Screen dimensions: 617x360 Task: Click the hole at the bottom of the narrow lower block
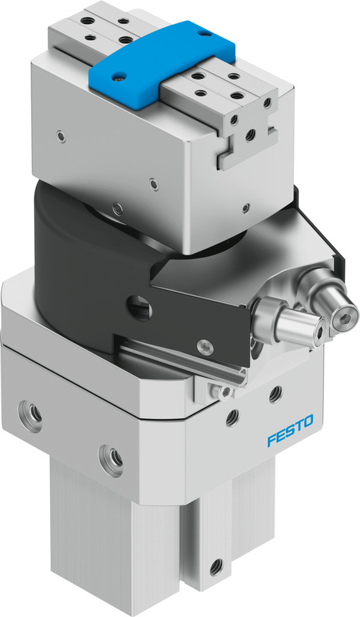(216, 564)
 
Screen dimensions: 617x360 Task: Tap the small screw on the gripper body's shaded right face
(246, 207)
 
